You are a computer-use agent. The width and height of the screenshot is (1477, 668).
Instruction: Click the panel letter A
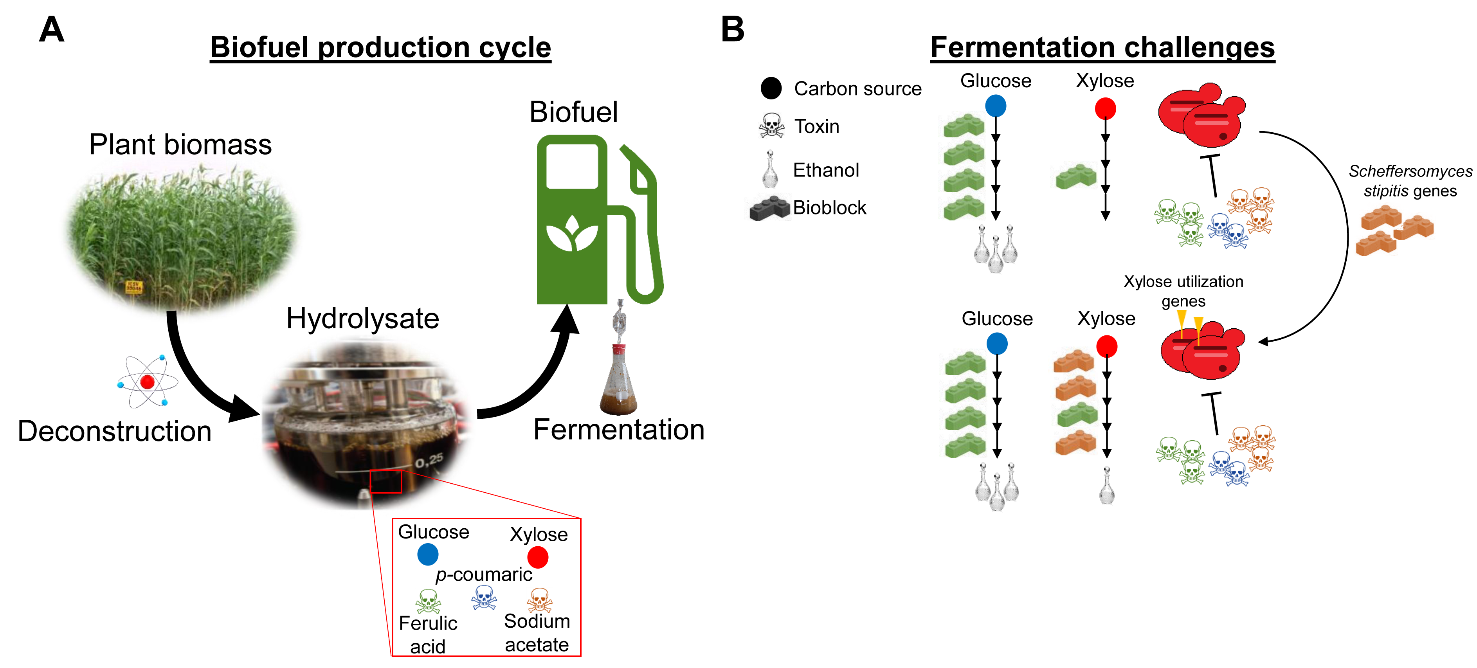click(52, 29)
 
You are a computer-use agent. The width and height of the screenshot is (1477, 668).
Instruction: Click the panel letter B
click(732, 29)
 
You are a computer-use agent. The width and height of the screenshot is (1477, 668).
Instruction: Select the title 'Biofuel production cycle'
click(380, 48)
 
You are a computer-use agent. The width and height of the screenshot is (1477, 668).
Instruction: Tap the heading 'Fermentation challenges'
click(1102, 48)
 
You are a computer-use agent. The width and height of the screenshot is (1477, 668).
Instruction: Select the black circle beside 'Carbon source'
click(771, 88)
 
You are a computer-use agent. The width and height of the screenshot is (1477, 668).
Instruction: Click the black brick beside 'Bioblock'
click(770, 208)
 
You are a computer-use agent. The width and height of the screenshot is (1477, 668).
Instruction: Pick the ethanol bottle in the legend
click(770, 170)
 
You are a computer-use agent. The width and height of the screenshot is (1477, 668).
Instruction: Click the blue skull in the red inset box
click(484, 598)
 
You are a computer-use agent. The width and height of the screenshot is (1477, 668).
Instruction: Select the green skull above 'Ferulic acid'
click(428, 601)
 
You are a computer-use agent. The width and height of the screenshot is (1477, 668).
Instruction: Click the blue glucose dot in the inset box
click(428, 555)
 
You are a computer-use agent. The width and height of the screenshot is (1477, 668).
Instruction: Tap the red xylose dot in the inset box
click(538, 557)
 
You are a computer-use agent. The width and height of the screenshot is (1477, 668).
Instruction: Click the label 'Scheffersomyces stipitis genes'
click(1410, 181)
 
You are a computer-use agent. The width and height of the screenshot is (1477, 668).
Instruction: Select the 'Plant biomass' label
click(180, 144)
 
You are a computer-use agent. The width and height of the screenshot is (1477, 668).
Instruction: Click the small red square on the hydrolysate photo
click(386, 482)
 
